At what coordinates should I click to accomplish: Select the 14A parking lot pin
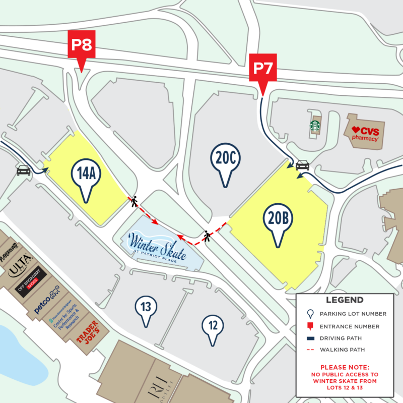click(86, 175)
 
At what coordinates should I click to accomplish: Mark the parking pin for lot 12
click(213, 326)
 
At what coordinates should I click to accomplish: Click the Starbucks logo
click(315, 126)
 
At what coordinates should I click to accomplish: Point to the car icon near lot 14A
click(23, 170)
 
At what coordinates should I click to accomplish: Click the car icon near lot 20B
click(302, 165)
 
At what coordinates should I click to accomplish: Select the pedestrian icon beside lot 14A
click(134, 202)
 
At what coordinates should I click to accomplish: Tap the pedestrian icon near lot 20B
click(207, 236)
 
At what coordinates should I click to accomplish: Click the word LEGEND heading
click(345, 300)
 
